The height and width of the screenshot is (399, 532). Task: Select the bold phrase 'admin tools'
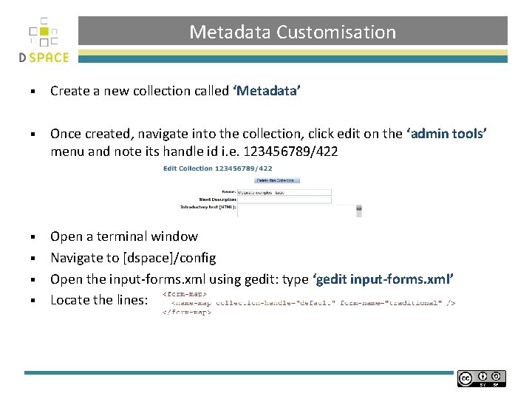446,134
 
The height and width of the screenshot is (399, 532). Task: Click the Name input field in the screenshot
284,191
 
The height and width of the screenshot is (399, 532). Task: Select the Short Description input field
284,199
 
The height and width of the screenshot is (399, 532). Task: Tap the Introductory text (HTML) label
208,208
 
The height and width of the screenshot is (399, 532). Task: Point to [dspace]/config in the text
171,258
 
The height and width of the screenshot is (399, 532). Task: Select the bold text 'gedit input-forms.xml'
384,279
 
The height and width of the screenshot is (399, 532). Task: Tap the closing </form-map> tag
187,312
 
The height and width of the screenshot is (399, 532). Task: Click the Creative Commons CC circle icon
465,378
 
